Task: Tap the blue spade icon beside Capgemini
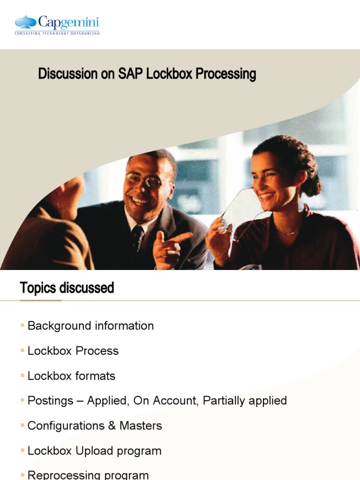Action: (x=26, y=22)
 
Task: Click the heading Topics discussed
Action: (x=67, y=287)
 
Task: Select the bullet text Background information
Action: (x=90, y=326)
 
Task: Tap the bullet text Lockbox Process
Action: (x=73, y=351)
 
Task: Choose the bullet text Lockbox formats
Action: (x=71, y=376)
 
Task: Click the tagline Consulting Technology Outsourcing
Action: (x=57, y=33)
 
